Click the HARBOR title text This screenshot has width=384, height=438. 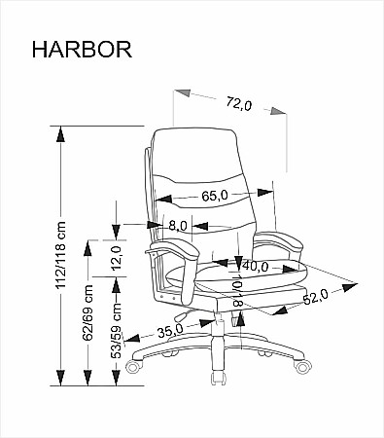pyautogui.click(x=82, y=50)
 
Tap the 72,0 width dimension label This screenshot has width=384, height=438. pyautogui.click(x=239, y=104)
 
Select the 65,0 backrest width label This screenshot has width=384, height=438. pyautogui.click(x=215, y=196)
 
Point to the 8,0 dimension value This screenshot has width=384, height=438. pyautogui.click(x=178, y=226)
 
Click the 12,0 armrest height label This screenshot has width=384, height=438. pyautogui.click(x=116, y=258)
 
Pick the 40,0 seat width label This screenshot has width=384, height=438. pyautogui.click(x=256, y=267)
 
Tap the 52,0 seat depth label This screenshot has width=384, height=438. pyautogui.click(x=316, y=297)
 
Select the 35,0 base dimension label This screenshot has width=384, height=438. pyautogui.click(x=170, y=331)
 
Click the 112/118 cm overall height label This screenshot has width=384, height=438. pyautogui.click(x=60, y=255)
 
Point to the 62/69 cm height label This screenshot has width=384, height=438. pyautogui.click(x=87, y=312)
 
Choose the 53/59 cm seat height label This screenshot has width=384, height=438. pyautogui.click(x=117, y=331)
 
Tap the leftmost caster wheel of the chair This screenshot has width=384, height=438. pyautogui.click(x=134, y=366)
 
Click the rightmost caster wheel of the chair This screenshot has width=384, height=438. pyautogui.click(x=302, y=366)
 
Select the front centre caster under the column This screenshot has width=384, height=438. pyautogui.click(x=218, y=378)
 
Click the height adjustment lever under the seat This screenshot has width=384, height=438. pyautogui.click(x=183, y=315)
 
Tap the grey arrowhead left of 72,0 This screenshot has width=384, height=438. pyautogui.click(x=182, y=91)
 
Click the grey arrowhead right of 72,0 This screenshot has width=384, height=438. pyautogui.click(x=278, y=111)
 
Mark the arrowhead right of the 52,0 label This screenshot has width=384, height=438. pyautogui.click(x=349, y=286)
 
